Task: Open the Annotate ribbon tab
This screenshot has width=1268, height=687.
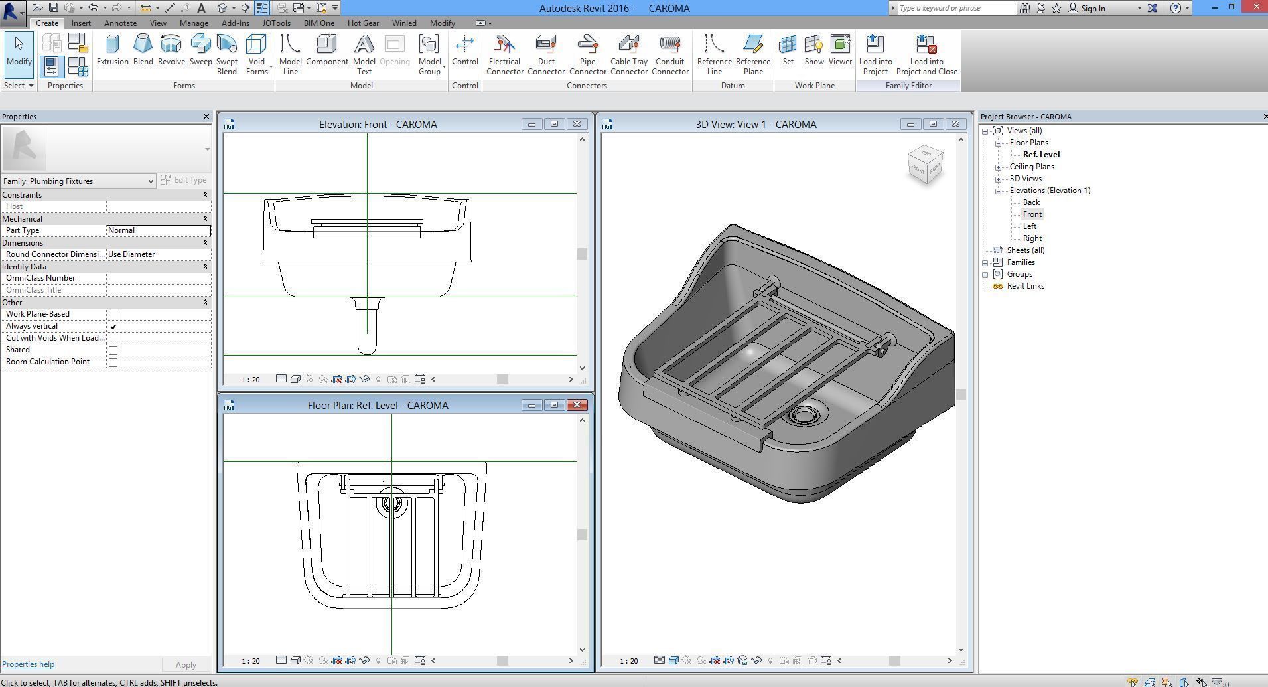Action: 120,23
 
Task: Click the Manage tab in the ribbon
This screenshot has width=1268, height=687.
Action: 194,23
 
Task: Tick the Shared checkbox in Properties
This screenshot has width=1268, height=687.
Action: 113,350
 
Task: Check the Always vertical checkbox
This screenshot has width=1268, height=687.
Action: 113,327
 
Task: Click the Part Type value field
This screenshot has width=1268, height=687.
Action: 159,230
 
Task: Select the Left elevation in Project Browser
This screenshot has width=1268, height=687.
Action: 1029,226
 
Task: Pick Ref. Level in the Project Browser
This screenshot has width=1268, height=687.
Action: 1040,155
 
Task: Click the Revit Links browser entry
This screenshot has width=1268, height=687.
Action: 1025,286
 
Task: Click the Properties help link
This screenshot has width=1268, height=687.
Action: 28,664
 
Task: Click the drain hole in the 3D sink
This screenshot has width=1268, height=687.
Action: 804,416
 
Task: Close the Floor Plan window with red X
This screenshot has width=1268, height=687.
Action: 577,405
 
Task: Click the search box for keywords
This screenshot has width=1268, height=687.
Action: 956,8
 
